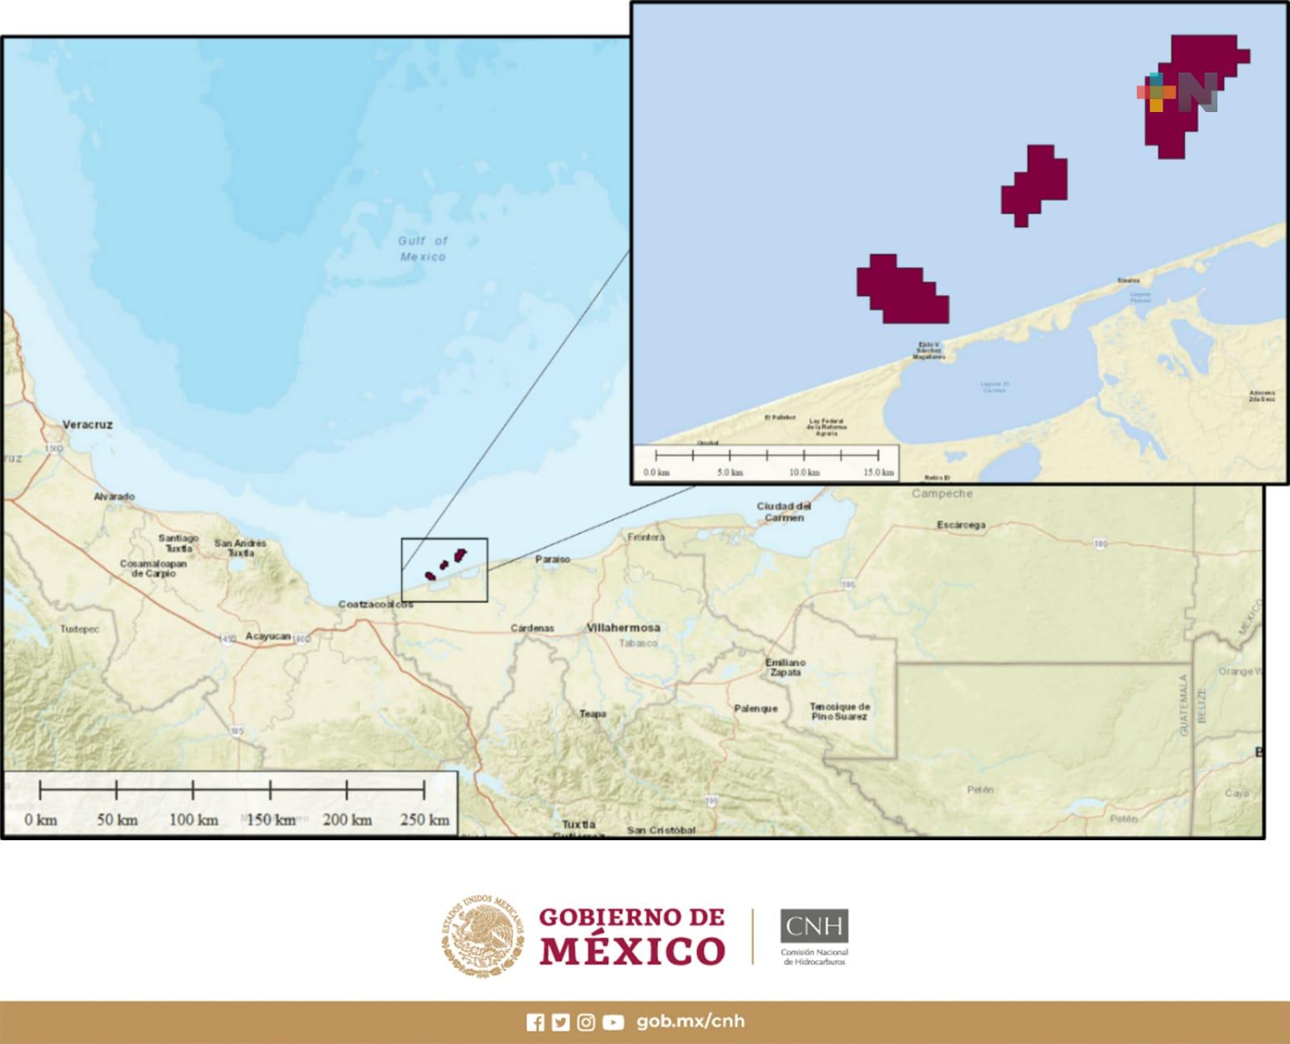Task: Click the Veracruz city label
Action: point(87,424)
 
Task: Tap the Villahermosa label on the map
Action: point(623,627)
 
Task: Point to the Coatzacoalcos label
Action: point(375,604)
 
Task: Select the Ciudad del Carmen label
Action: point(784,512)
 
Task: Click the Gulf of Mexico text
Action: point(422,248)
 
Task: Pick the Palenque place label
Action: point(755,709)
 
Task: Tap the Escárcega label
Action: point(960,525)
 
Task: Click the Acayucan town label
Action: point(268,636)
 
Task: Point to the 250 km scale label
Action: point(424,820)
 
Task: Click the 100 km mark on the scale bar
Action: point(193,790)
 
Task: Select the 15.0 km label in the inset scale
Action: point(878,472)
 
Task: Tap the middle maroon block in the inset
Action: point(1035,184)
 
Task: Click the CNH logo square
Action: point(814,925)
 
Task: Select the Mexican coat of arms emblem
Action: point(481,936)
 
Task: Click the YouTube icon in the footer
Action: point(613,1022)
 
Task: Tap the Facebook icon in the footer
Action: point(535,1022)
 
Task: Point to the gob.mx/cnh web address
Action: point(690,1021)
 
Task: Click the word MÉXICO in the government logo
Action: point(632,950)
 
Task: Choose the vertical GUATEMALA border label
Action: point(1184,705)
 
